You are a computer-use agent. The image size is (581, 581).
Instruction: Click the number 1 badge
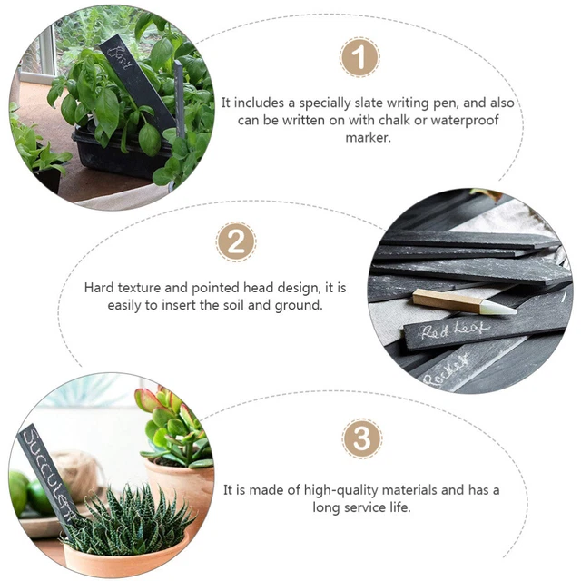click(x=359, y=57)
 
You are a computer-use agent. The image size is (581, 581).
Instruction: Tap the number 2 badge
click(x=236, y=242)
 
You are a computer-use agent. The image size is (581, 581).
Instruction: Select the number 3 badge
click(x=361, y=438)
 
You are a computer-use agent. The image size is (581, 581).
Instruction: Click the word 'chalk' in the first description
click(x=389, y=120)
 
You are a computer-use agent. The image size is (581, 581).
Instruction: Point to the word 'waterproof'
click(x=465, y=121)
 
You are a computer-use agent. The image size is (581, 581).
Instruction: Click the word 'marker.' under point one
click(x=368, y=138)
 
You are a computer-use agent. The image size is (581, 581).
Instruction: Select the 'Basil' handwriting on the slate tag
click(x=120, y=58)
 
